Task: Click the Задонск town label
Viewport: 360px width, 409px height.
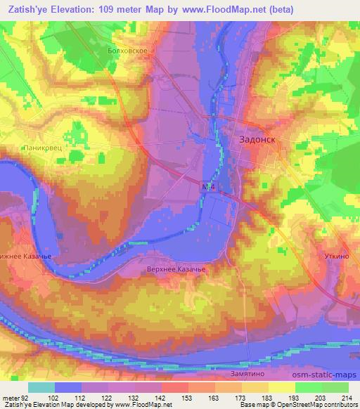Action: [253, 140]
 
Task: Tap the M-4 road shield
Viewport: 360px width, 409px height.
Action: [206, 188]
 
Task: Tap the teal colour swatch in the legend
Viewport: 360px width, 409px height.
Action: [41, 388]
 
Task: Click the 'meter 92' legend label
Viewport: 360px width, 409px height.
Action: [16, 398]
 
